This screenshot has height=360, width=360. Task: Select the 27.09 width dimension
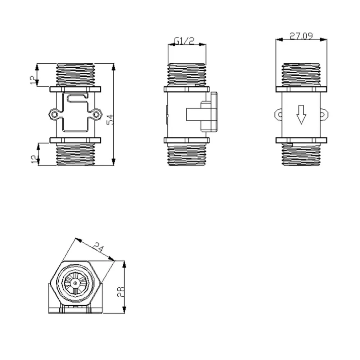coord(301,36)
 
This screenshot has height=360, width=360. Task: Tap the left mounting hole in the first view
coord(54,114)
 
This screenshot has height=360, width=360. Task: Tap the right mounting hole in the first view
coord(96,114)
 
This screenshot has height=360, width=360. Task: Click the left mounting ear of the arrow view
coord(278,114)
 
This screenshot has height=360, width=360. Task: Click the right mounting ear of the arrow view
coord(324,114)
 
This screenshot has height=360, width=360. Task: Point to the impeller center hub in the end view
coord(74,284)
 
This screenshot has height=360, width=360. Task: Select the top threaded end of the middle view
coord(187,75)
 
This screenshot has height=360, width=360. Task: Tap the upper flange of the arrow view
coord(301,89)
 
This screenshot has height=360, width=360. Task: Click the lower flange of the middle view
coord(186,140)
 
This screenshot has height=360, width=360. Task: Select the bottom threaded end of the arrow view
coord(301,155)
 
